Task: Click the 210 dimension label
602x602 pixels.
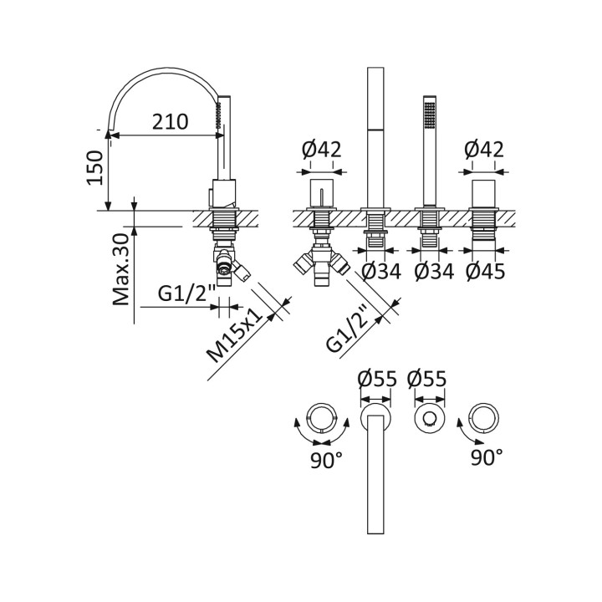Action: coord(170,122)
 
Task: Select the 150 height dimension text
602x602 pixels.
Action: coord(95,168)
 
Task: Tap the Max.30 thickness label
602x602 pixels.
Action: coord(121,269)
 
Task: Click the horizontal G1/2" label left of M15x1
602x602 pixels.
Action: coord(187,293)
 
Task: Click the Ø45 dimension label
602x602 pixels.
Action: coord(485,272)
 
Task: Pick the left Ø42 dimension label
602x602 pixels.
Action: coord(321,150)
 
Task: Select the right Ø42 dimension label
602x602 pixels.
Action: coord(484,150)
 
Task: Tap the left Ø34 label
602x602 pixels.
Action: coord(381,272)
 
